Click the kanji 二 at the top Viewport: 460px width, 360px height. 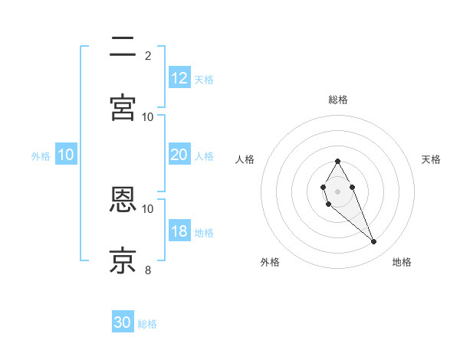point(123,47)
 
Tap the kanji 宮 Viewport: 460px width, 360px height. point(123,108)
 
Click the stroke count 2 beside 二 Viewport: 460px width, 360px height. point(148,55)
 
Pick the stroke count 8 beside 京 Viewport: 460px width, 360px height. point(148,270)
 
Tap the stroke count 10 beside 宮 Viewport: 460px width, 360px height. point(148,116)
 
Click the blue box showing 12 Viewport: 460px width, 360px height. point(179,77)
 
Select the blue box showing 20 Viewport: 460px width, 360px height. point(179,154)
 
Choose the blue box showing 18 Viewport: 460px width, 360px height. point(179,231)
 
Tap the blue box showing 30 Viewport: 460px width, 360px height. point(123,322)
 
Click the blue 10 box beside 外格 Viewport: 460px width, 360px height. point(66,155)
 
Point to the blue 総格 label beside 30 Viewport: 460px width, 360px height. point(147,324)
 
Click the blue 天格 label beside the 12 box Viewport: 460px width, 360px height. point(204,79)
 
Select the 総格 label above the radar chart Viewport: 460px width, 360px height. point(338,100)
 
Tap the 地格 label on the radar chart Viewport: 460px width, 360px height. point(402,262)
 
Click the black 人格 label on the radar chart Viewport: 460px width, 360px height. point(245,159)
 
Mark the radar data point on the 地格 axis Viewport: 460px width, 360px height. point(374,242)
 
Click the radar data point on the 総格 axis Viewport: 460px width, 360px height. point(337,161)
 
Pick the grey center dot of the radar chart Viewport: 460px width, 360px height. point(337,191)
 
